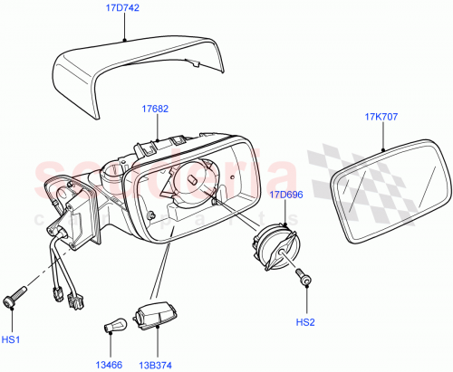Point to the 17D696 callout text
pos(286,195)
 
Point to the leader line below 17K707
pos(384,137)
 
